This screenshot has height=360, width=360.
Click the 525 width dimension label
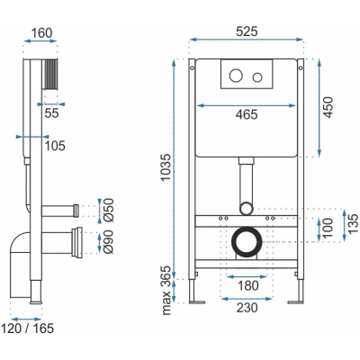[247, 31]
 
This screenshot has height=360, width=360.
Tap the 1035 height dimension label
[166, 167]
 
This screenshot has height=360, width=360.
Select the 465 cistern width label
[247, 114]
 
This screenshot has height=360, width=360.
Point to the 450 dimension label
[328, 107]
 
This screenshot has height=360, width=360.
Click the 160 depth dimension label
[41, 33]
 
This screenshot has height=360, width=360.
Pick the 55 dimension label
[52, 113]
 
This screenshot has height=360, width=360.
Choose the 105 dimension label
[55, 146]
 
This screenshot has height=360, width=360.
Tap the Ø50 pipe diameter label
[109, 210]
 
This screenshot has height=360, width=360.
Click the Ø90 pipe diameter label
[108, 242]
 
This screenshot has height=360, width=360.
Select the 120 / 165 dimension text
[28, 328]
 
